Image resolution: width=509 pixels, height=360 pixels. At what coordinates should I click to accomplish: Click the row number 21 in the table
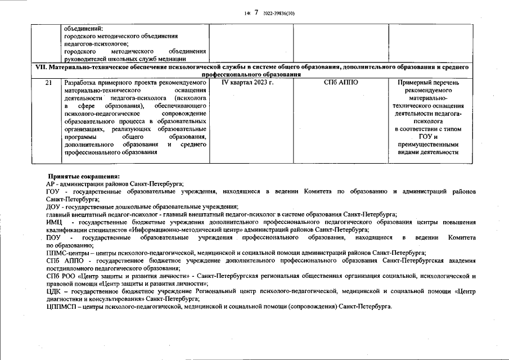(49, 82)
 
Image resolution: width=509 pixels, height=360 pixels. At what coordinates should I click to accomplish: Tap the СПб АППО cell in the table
(341, 82)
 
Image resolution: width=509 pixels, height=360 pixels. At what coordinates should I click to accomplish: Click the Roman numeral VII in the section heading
(40, 67)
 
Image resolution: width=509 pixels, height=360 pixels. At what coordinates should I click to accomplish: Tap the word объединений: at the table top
(84, 29)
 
